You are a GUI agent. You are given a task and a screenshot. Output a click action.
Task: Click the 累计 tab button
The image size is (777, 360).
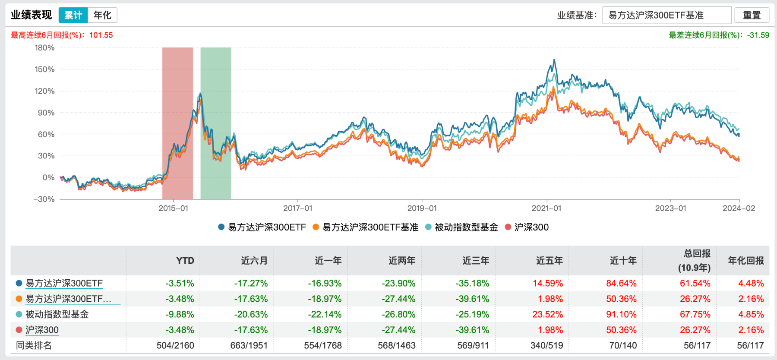tap(73, 15)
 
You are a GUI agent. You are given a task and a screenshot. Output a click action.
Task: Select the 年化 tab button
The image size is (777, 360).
tap(102, 15)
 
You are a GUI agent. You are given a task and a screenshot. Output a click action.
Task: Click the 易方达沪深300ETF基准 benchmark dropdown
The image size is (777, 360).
tap(666, 15)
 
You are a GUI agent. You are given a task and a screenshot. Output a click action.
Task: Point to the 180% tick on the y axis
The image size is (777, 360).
tap(45, 48)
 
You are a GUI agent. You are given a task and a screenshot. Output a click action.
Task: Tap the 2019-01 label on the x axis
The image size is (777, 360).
tap(422, 208)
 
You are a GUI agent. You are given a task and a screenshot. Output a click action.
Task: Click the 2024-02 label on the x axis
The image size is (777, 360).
tap(739, 208)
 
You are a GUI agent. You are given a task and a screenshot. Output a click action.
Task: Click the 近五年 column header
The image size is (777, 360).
tap(549, 261)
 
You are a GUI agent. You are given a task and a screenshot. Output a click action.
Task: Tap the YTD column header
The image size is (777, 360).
tap(185, 261)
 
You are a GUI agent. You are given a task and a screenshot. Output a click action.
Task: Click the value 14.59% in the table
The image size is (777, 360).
tap(547, 284)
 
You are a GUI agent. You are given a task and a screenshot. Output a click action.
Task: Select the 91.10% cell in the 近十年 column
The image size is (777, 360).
tap(621, 315)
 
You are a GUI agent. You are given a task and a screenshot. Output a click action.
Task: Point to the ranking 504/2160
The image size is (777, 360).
tap(175, 346)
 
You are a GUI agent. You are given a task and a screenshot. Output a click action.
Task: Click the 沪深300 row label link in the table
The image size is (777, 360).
tap(42, 330)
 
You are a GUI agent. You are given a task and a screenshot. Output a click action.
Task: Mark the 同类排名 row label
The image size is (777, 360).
tap(34, 346)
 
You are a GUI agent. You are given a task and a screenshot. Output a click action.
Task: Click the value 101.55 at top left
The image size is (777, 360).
tap(101, 35)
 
